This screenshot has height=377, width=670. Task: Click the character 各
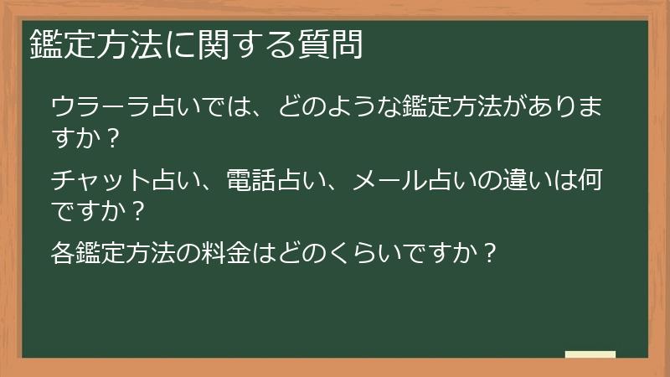64,251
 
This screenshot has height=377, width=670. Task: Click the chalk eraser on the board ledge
590,354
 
